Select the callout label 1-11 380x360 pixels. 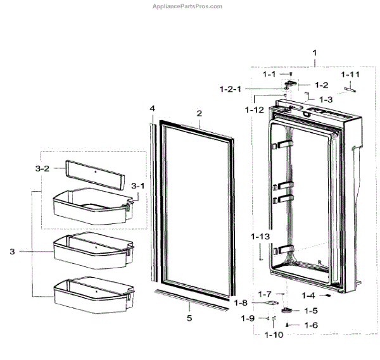(351, 75)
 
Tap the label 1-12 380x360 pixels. (255, 110)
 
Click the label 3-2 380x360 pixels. (42, 169)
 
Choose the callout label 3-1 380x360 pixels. (137, 186)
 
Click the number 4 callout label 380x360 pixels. (152, 109)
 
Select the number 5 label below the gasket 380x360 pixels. (188, 318)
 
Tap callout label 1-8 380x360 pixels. (243, 303)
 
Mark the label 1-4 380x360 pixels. (308, 295)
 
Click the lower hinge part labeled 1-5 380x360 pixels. (289, 311)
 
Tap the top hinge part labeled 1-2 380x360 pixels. (292, 82)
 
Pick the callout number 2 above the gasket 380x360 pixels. (199, 113)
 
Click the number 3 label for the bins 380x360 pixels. (12, 252)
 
